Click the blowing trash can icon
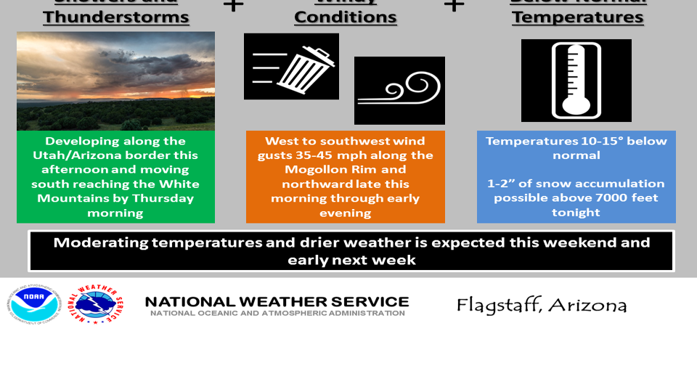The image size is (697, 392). (x=291, y=66)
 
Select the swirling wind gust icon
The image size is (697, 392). (x=399, y=91)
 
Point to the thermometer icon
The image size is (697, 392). (x=576, y=81)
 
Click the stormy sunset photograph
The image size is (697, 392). (x=115, y=81)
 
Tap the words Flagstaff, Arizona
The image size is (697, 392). (x=542, y=305)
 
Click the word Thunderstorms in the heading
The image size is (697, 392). (x=116, y=17)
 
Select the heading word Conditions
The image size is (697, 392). (x=346, y=17)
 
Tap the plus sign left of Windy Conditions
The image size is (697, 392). (x=232, y=6)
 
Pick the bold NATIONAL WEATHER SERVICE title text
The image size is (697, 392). (x=277, y=301)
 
